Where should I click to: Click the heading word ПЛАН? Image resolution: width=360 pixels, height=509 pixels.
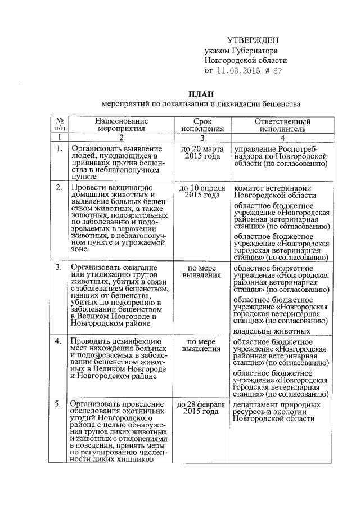[x=201, y=93]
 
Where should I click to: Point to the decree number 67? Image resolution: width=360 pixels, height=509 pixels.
[x=277, y=71]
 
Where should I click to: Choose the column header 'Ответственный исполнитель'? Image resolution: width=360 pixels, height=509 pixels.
[x=282, y=125]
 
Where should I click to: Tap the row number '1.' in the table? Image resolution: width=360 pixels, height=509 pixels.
[x=58, y=148]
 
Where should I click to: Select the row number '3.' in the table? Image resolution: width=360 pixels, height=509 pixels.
[x=58, y=267]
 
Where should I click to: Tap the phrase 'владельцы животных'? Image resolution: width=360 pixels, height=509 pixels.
[x=265, y=331]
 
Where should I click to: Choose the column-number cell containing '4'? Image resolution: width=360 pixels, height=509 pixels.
[x=282, y=137]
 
